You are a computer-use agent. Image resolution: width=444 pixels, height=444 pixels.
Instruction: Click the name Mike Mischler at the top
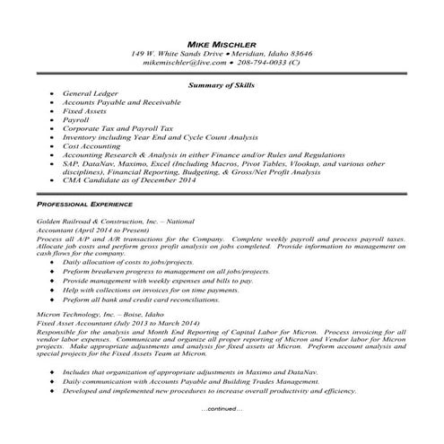pyautogui.click(x=222, y=43)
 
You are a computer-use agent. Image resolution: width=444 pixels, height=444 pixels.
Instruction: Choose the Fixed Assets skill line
pyautogui.click(x=89, y=110)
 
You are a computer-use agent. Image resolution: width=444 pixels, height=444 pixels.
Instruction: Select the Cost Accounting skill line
pyautogui.click(x=97, y=144)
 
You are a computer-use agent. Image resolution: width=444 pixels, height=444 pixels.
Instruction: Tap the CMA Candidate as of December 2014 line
pyautogui.click(x=129, y=179)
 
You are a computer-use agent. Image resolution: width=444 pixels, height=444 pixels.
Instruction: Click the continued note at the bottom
pyautogui.click(x=222, y=408)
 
